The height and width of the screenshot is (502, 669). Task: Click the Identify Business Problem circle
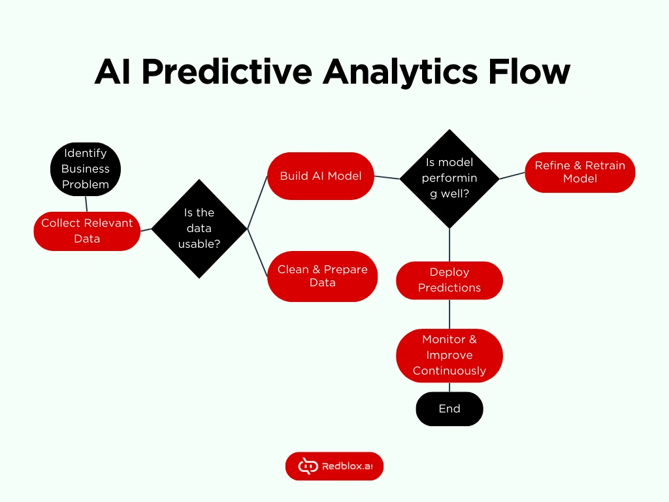pos(86,169)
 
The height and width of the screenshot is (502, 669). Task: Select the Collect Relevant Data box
pos(87,231)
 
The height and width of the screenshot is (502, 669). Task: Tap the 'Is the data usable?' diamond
pos(199,228)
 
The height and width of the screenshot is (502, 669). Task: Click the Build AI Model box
pos(321,176)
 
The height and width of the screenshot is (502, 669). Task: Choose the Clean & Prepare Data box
pos(322,276)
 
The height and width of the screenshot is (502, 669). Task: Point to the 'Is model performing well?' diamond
pos(449,178)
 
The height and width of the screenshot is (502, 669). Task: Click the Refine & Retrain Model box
pos(579,173)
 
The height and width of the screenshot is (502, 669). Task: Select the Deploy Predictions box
pos(449,280)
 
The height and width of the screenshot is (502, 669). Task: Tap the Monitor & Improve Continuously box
pos(449,355)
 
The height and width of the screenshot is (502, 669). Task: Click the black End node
pos(449,409)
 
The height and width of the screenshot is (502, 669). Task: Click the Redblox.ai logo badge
pos(334,466)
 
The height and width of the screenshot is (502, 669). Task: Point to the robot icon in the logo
pos(308,466)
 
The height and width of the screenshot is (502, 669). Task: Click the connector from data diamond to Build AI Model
pos(257,202)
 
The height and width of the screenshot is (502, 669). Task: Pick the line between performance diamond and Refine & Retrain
pos(512,175)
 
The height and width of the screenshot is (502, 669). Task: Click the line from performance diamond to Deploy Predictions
pos(449,244)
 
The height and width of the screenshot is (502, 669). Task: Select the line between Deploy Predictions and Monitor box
pos(449,314)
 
